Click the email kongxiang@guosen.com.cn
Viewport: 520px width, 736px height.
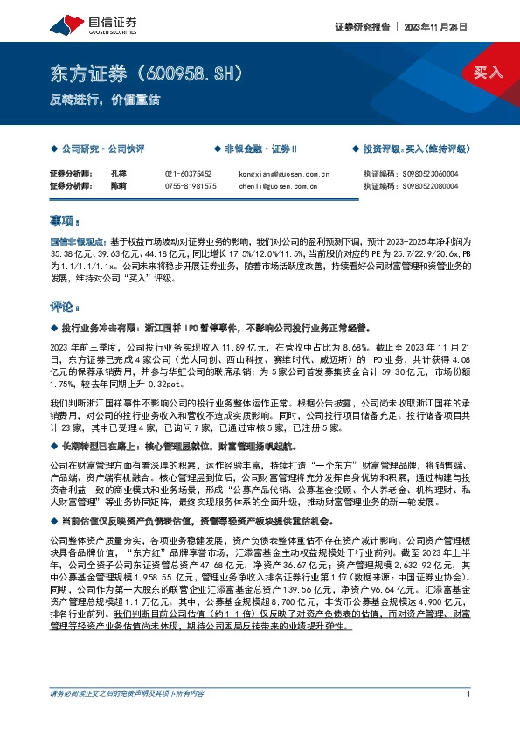[282, 174]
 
